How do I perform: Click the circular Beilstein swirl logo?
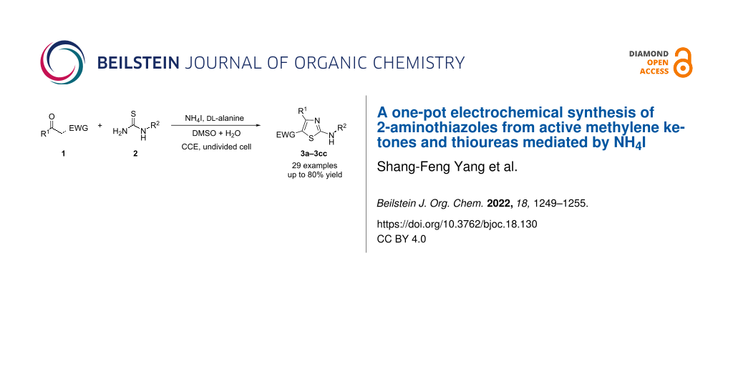click(63, 62)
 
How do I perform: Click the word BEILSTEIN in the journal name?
click(138, 63)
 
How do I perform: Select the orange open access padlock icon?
click(684, 62)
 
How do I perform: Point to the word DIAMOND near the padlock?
click(649, 54)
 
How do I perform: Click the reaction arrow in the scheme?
click(215, 125)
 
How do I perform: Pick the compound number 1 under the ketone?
click(64, 153)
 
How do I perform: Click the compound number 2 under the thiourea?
click(135, 153)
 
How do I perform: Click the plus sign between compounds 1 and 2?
click(100, 126)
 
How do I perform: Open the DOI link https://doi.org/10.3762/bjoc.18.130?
click(457, 224)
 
